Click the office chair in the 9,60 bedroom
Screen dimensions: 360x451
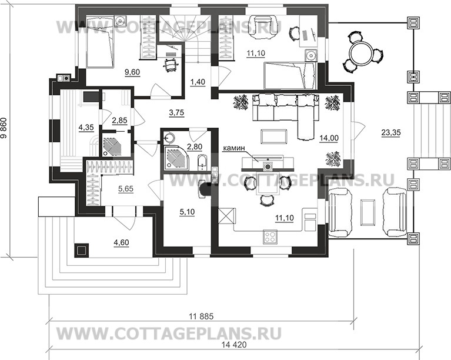click(171, 64)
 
